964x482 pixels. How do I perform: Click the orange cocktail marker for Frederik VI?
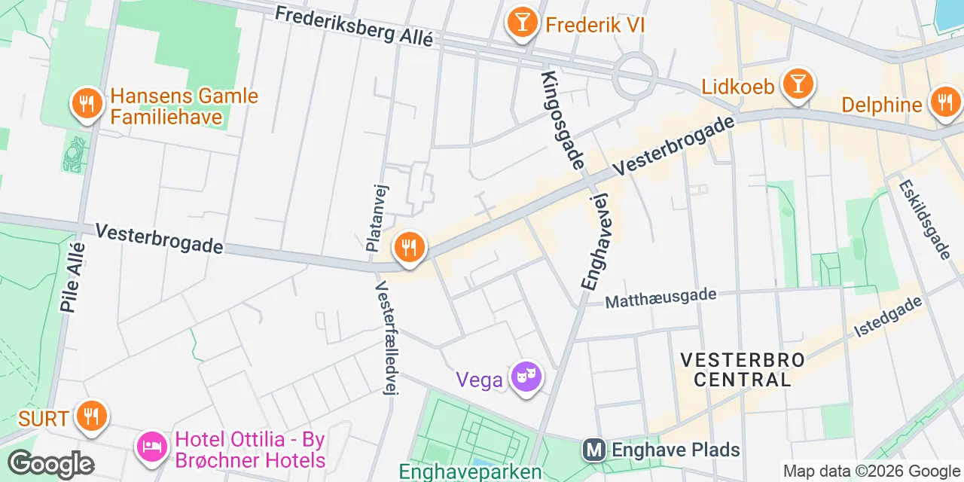tap(521, 22)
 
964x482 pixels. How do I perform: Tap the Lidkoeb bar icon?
tap(797, 84)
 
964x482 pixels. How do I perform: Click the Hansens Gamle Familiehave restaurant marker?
tap(87, 104)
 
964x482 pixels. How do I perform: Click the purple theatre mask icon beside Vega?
tap(526, 376)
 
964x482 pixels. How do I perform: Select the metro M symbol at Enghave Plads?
tap(594, 450)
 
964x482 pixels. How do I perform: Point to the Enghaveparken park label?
tap(470, 472)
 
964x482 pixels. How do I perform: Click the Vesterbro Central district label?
tap(742, 369)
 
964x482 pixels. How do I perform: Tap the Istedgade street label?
tap(888, 316)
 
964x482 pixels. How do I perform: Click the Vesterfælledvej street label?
tap(386, 338)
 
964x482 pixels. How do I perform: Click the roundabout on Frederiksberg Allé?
tap(635, 75)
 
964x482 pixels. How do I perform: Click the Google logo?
tap(50, 463)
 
